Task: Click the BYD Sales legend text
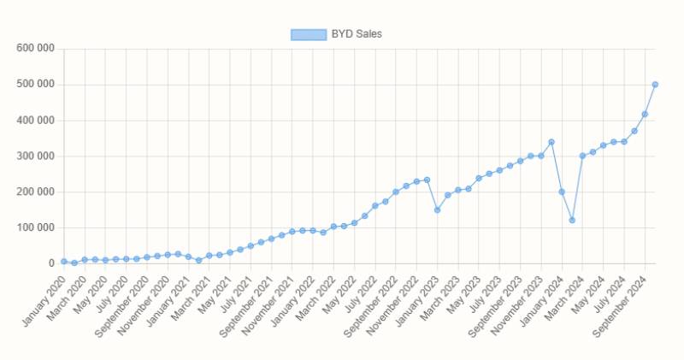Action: (x=357, y=34)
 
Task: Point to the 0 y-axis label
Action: (x=50, y=264)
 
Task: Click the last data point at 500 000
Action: (x=655, y=85)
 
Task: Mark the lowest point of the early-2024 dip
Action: (x=572, y=221)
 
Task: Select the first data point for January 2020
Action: (x=64, y=262)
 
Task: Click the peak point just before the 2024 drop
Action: (x=551, y=142)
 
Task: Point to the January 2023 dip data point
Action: (x=437, y=210)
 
